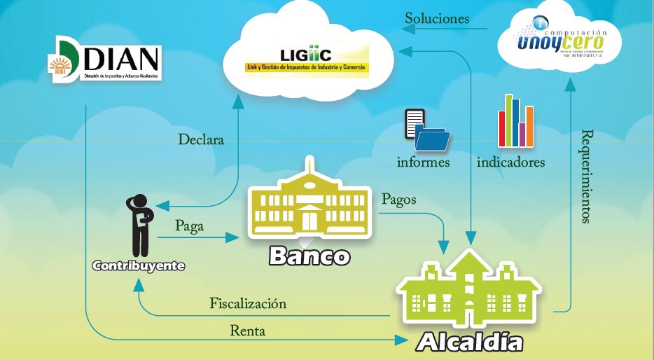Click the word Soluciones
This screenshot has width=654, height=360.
coord(437,19)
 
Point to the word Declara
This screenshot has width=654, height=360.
coord(200,139)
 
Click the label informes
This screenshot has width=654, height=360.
coord(424,162)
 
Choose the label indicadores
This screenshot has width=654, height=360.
coord(510,162)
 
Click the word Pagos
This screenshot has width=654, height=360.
coord(398,199)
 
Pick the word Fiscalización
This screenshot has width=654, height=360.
coord(248,304)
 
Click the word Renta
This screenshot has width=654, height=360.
coord(248,331)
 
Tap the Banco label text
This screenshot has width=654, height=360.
coord(309,256)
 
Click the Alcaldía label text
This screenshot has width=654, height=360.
coord(470,342)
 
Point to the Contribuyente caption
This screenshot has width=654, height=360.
coord(139,266)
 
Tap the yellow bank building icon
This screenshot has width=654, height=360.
coord(308,204)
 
